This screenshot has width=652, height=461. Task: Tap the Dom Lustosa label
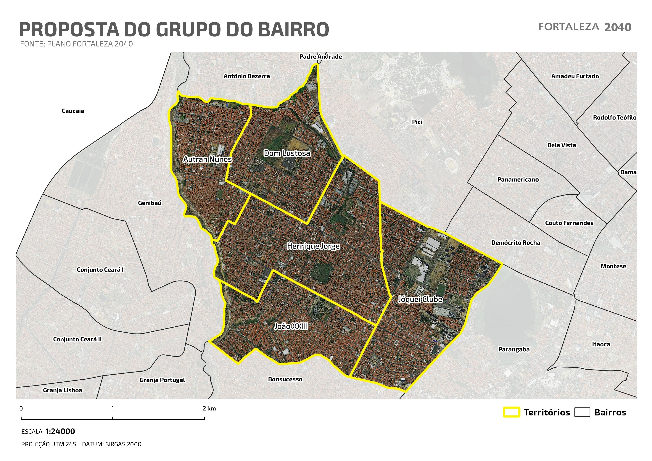287,153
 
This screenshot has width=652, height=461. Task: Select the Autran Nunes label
208,159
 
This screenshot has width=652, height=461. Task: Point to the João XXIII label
291,326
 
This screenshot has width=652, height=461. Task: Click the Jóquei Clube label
420,299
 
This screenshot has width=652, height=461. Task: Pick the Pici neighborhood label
417,122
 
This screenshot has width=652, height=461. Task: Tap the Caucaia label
73,111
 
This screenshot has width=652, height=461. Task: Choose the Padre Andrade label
321,57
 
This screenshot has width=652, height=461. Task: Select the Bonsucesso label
285,379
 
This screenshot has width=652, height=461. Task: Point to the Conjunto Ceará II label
77,339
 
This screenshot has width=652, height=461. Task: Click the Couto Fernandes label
569,223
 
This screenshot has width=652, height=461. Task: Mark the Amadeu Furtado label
575,76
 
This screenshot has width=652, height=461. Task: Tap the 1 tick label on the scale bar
113,408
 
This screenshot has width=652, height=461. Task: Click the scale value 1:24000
60,431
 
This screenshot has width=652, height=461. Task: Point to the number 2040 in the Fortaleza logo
618,27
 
